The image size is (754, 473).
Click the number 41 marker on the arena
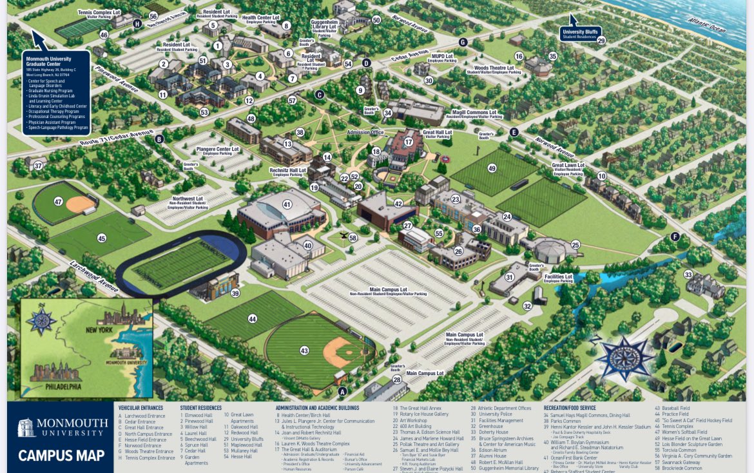pyautogui.click(x=287, y=204)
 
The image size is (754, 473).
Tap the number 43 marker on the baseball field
pyautogui.click(x=304, y=351)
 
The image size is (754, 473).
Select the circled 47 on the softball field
pyautogui.click(x=59, y=202)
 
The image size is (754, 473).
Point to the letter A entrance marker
pyautogui.click(x=342, y=391)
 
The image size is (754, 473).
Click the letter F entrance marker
pyautogui.click(x=675, y=236)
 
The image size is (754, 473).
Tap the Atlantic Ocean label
pyautogui.click(x=707, y=25)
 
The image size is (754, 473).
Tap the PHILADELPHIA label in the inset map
pyautogui.click(x=63, y=387)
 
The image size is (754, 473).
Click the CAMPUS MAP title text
pyautogui.click(x=61, y=456)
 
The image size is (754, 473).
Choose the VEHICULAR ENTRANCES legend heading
pyautogui.click(x=140, y=408)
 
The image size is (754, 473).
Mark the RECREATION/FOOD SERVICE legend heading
pyautogui.click(x=569, y=408)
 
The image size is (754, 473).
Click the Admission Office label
pyautogui.click(x=365, y=133)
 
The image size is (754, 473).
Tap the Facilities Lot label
pyautogui.click(x=558, y=278)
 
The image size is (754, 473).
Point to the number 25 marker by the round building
pyautogui.click(x=575, y=245)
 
